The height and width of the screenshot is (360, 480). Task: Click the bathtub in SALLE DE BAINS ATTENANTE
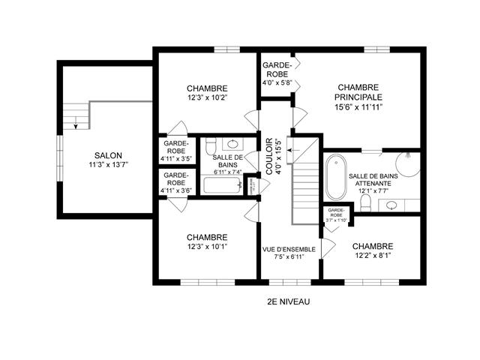tap(334, 177)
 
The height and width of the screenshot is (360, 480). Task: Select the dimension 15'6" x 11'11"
tap(359, 107)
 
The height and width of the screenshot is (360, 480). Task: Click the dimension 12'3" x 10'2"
tap(207, 97)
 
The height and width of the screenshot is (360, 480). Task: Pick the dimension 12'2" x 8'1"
tap(372, 256)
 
